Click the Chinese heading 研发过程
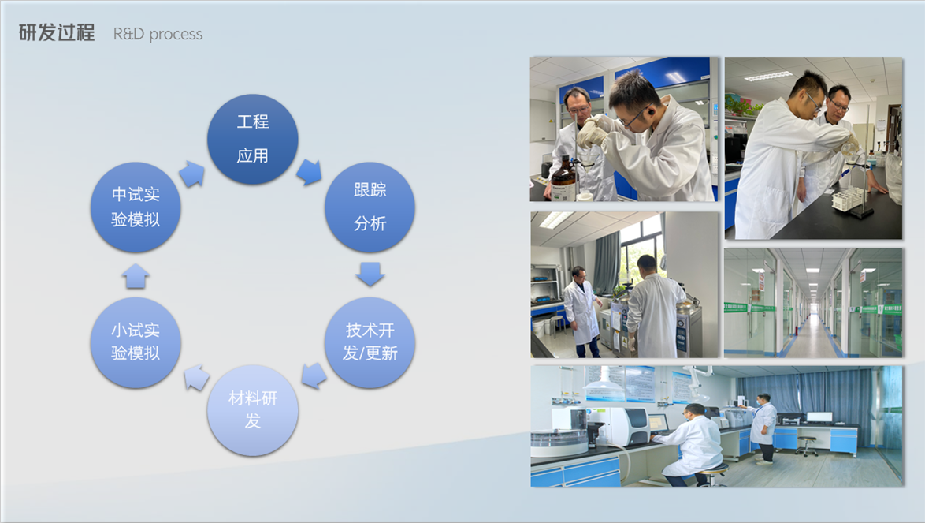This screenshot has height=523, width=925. tap(57, 33)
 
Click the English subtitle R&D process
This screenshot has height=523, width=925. tap(158, 34)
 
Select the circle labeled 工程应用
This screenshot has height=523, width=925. tap(252, 139)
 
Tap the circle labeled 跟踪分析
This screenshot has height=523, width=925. tap(370, 207)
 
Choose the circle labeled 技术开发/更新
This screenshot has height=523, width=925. tap(370, 342)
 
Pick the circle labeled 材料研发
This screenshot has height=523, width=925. tap(252, 409)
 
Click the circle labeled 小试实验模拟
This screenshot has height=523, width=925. tap(136, 342)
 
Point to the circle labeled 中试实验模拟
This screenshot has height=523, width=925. tap(136, 207)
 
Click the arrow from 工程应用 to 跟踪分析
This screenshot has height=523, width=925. tap(310, 172)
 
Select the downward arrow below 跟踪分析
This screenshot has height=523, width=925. tap(370, 274)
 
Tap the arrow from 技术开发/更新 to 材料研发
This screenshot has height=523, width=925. tap(314, 375)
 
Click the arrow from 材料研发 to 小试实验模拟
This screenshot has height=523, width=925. tap(196, 377)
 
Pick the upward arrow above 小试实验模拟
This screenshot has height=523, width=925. tap(136, 275)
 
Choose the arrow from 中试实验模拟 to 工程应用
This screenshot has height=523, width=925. tap(191, 174)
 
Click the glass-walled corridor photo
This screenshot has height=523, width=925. tap(813, 303)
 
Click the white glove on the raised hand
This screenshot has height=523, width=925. tap(593, 130)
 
